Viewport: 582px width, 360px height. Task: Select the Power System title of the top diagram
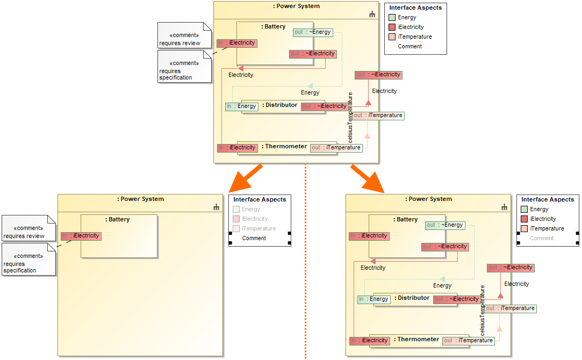tap(296, 6)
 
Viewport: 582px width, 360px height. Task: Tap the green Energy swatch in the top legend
tap(392, 18)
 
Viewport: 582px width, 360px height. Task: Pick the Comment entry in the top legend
tap(409, 47)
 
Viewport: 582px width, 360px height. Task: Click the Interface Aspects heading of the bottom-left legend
tap(260, 199)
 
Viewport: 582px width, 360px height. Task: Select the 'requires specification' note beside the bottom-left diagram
tap(28, 260)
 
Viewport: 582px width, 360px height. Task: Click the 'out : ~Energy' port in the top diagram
tap(313, 32)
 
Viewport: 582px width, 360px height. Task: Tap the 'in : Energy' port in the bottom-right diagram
tap(373, 299)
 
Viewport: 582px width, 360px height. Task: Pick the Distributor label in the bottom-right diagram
tap(413, 298)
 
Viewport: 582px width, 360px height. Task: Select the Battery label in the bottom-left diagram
tap(119, 219)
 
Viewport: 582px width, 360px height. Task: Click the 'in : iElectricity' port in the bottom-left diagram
tap(81, 236)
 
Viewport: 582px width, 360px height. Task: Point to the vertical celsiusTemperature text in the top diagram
tap(350, 117)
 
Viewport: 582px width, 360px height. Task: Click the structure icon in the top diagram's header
tap(372, 15)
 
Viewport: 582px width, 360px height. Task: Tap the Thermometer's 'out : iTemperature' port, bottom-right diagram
tap(468, 340)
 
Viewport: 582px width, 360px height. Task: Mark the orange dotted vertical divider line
tap(305, 258)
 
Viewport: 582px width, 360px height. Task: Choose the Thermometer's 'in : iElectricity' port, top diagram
tap(237, 148)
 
